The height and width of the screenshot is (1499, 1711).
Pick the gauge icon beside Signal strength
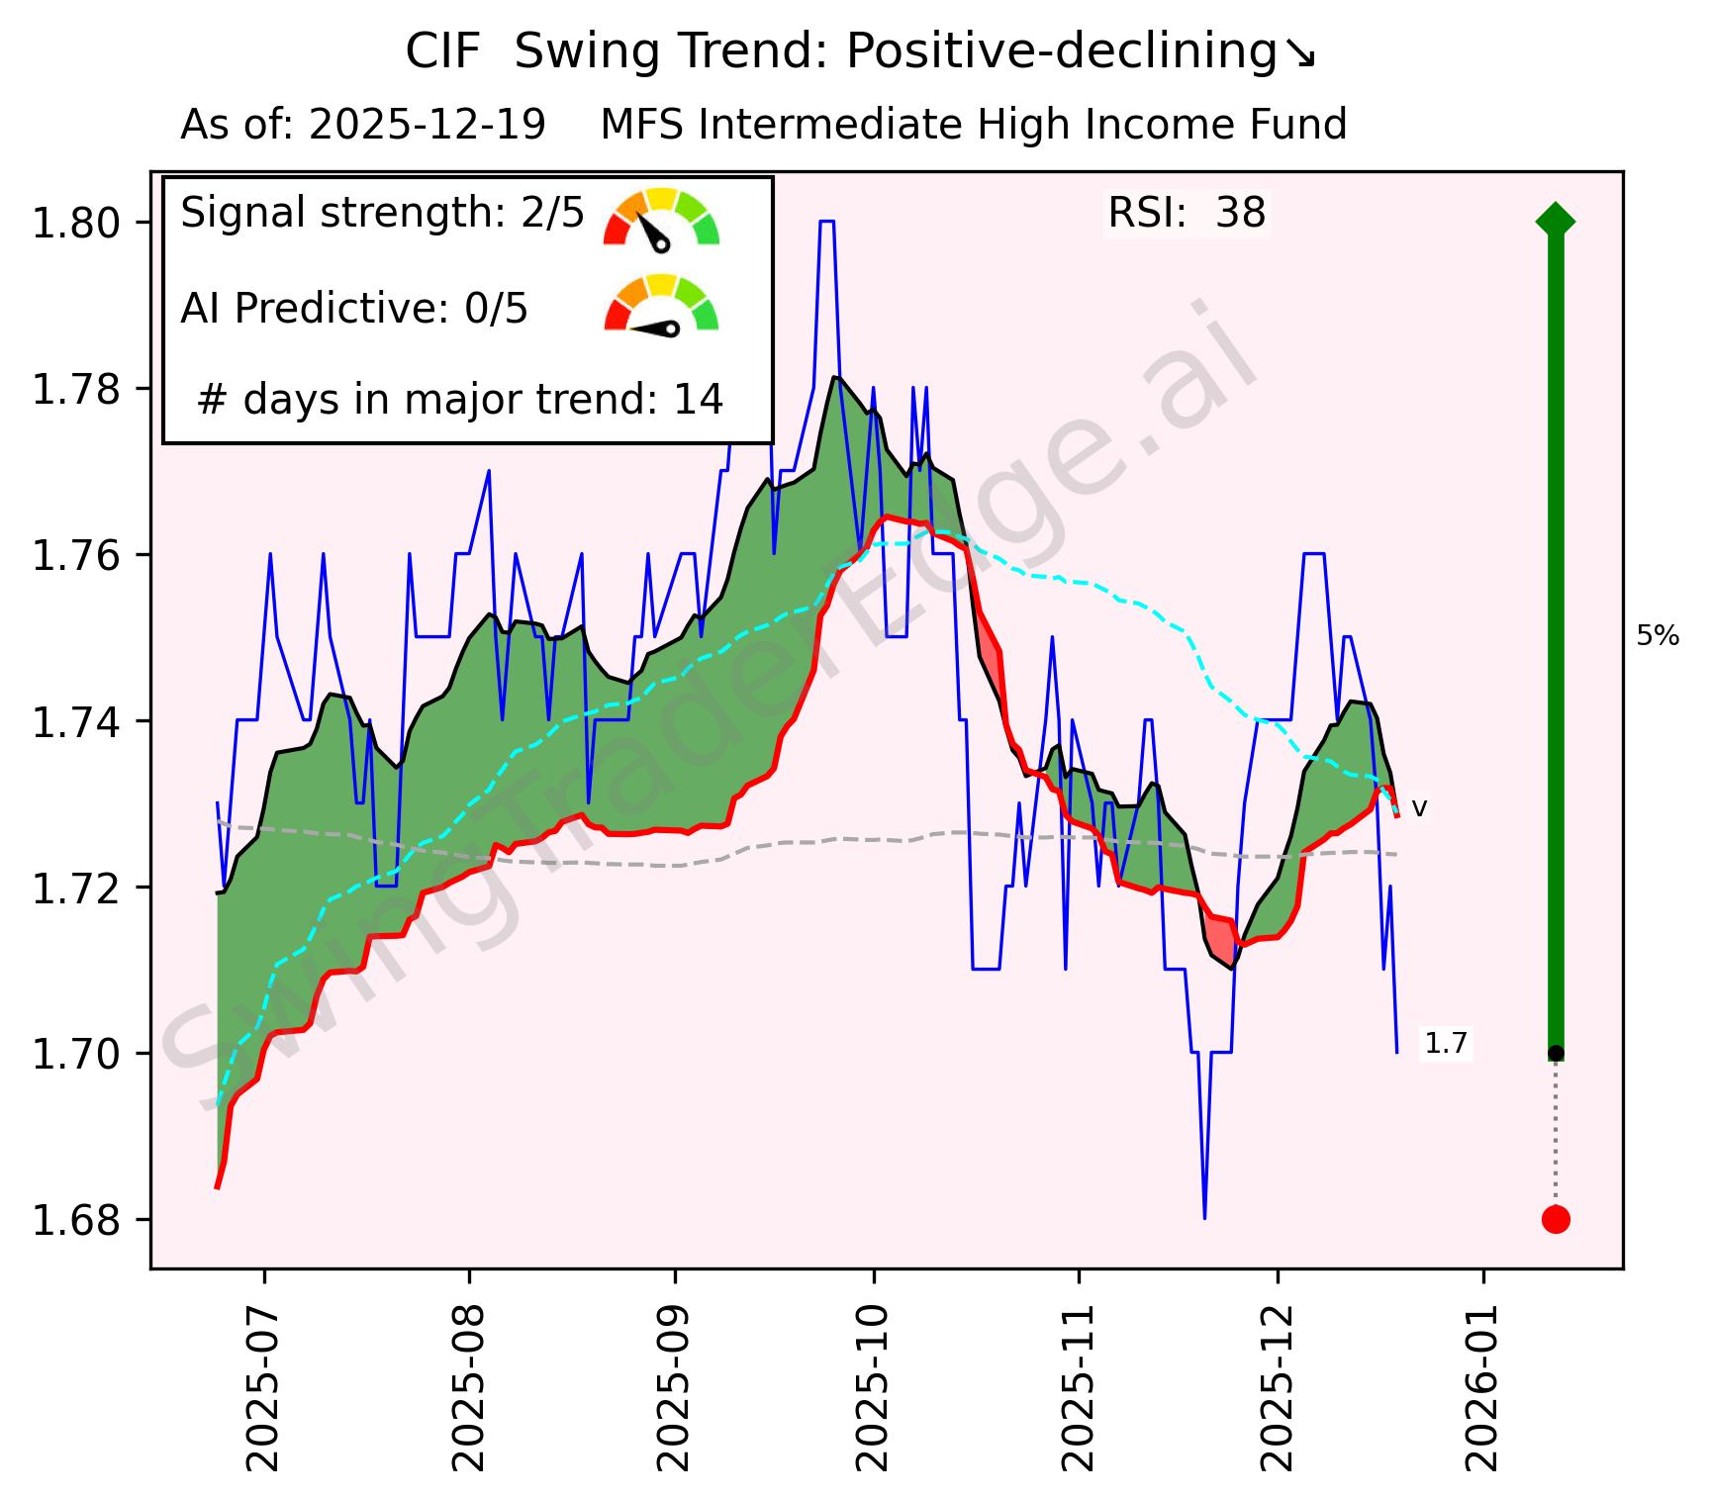(x=661, y=218)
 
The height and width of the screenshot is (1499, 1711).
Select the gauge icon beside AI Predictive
(x=661, y=305)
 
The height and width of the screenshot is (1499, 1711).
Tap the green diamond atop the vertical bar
(x=1556, y=221)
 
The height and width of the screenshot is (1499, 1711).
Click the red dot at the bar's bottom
(x=1556, y=1220)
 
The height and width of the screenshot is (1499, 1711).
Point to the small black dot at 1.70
(x=1556, y=1053)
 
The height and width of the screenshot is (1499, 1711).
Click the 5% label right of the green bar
(x=1658, y=637)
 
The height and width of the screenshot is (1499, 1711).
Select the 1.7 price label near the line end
(x=1446, y=1044)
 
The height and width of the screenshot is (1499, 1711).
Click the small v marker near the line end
(x=1419, y=809)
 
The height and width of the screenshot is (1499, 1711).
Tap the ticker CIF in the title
(x=442, y=52)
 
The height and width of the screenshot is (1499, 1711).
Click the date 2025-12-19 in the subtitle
(x=427, y=126)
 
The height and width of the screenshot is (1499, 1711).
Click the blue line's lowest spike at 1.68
(x=1204, y=1217)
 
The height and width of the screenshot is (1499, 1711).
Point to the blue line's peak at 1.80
(x=827, y=223)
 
